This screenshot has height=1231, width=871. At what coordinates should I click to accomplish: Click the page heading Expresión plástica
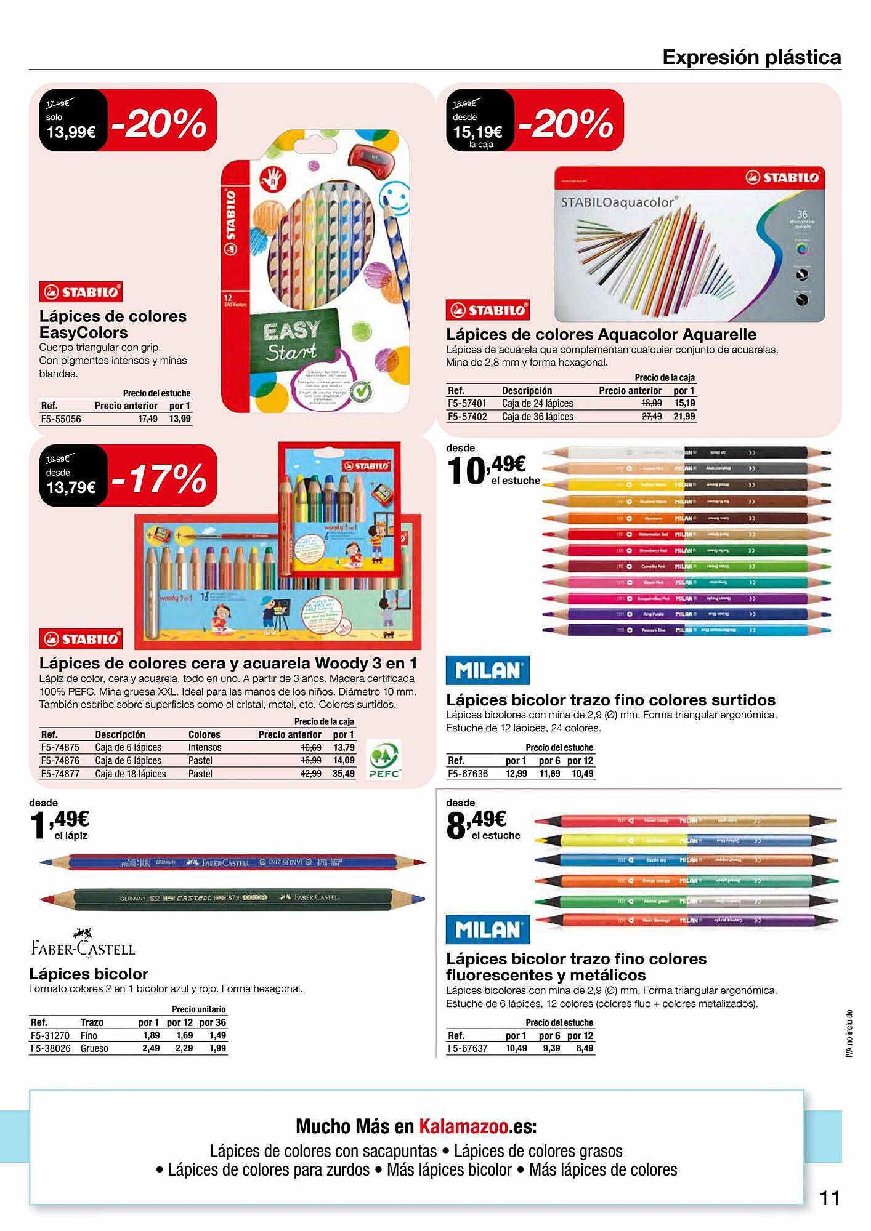click(751, 57)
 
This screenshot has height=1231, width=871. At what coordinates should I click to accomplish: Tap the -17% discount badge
click(161, 478)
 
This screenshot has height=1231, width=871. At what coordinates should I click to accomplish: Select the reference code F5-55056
click(61, 419)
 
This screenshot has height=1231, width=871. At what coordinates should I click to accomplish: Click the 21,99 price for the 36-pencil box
click(684, 417)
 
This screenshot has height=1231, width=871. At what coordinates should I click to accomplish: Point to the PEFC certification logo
click(384, 761)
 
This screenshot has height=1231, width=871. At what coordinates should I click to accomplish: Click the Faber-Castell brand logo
click(83, 944)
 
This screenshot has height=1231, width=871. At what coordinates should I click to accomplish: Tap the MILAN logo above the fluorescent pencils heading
click(487, 929)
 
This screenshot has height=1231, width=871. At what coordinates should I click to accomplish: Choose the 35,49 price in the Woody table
click(344, 774)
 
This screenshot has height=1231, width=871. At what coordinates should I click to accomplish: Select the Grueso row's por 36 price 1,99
click(217, 1048)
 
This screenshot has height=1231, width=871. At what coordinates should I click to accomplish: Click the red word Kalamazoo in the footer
click(464, 1126)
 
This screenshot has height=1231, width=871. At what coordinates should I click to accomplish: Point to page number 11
click(830, 1198)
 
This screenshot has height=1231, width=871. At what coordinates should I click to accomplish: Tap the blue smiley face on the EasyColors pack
click(393, 199)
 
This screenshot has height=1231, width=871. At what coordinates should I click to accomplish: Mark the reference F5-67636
click(468, 774)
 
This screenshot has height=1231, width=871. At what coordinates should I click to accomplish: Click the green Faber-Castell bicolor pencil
click(232, 898)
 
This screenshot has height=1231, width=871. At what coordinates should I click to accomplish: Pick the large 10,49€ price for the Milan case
click(487, 469)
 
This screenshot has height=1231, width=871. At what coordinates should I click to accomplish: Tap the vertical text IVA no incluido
click(849, 1033)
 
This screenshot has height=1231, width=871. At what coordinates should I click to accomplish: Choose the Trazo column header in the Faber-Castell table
click(92, 1022)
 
